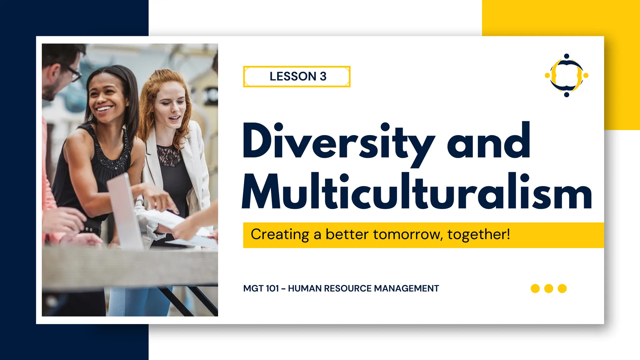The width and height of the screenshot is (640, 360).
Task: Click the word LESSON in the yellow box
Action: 293,77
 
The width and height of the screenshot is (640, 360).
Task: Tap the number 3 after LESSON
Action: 323,77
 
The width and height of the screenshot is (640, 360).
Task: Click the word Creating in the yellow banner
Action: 280,234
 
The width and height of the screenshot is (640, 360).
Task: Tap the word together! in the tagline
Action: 479,234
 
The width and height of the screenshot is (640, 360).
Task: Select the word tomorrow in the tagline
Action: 408,234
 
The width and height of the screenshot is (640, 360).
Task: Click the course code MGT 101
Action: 261,288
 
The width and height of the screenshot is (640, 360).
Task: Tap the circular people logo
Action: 567,75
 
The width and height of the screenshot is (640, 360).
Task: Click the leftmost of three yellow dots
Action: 535,288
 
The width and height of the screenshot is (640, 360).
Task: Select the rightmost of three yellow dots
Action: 562,288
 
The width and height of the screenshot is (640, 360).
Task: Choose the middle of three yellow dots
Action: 549,288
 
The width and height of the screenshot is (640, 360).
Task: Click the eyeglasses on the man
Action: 74,74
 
